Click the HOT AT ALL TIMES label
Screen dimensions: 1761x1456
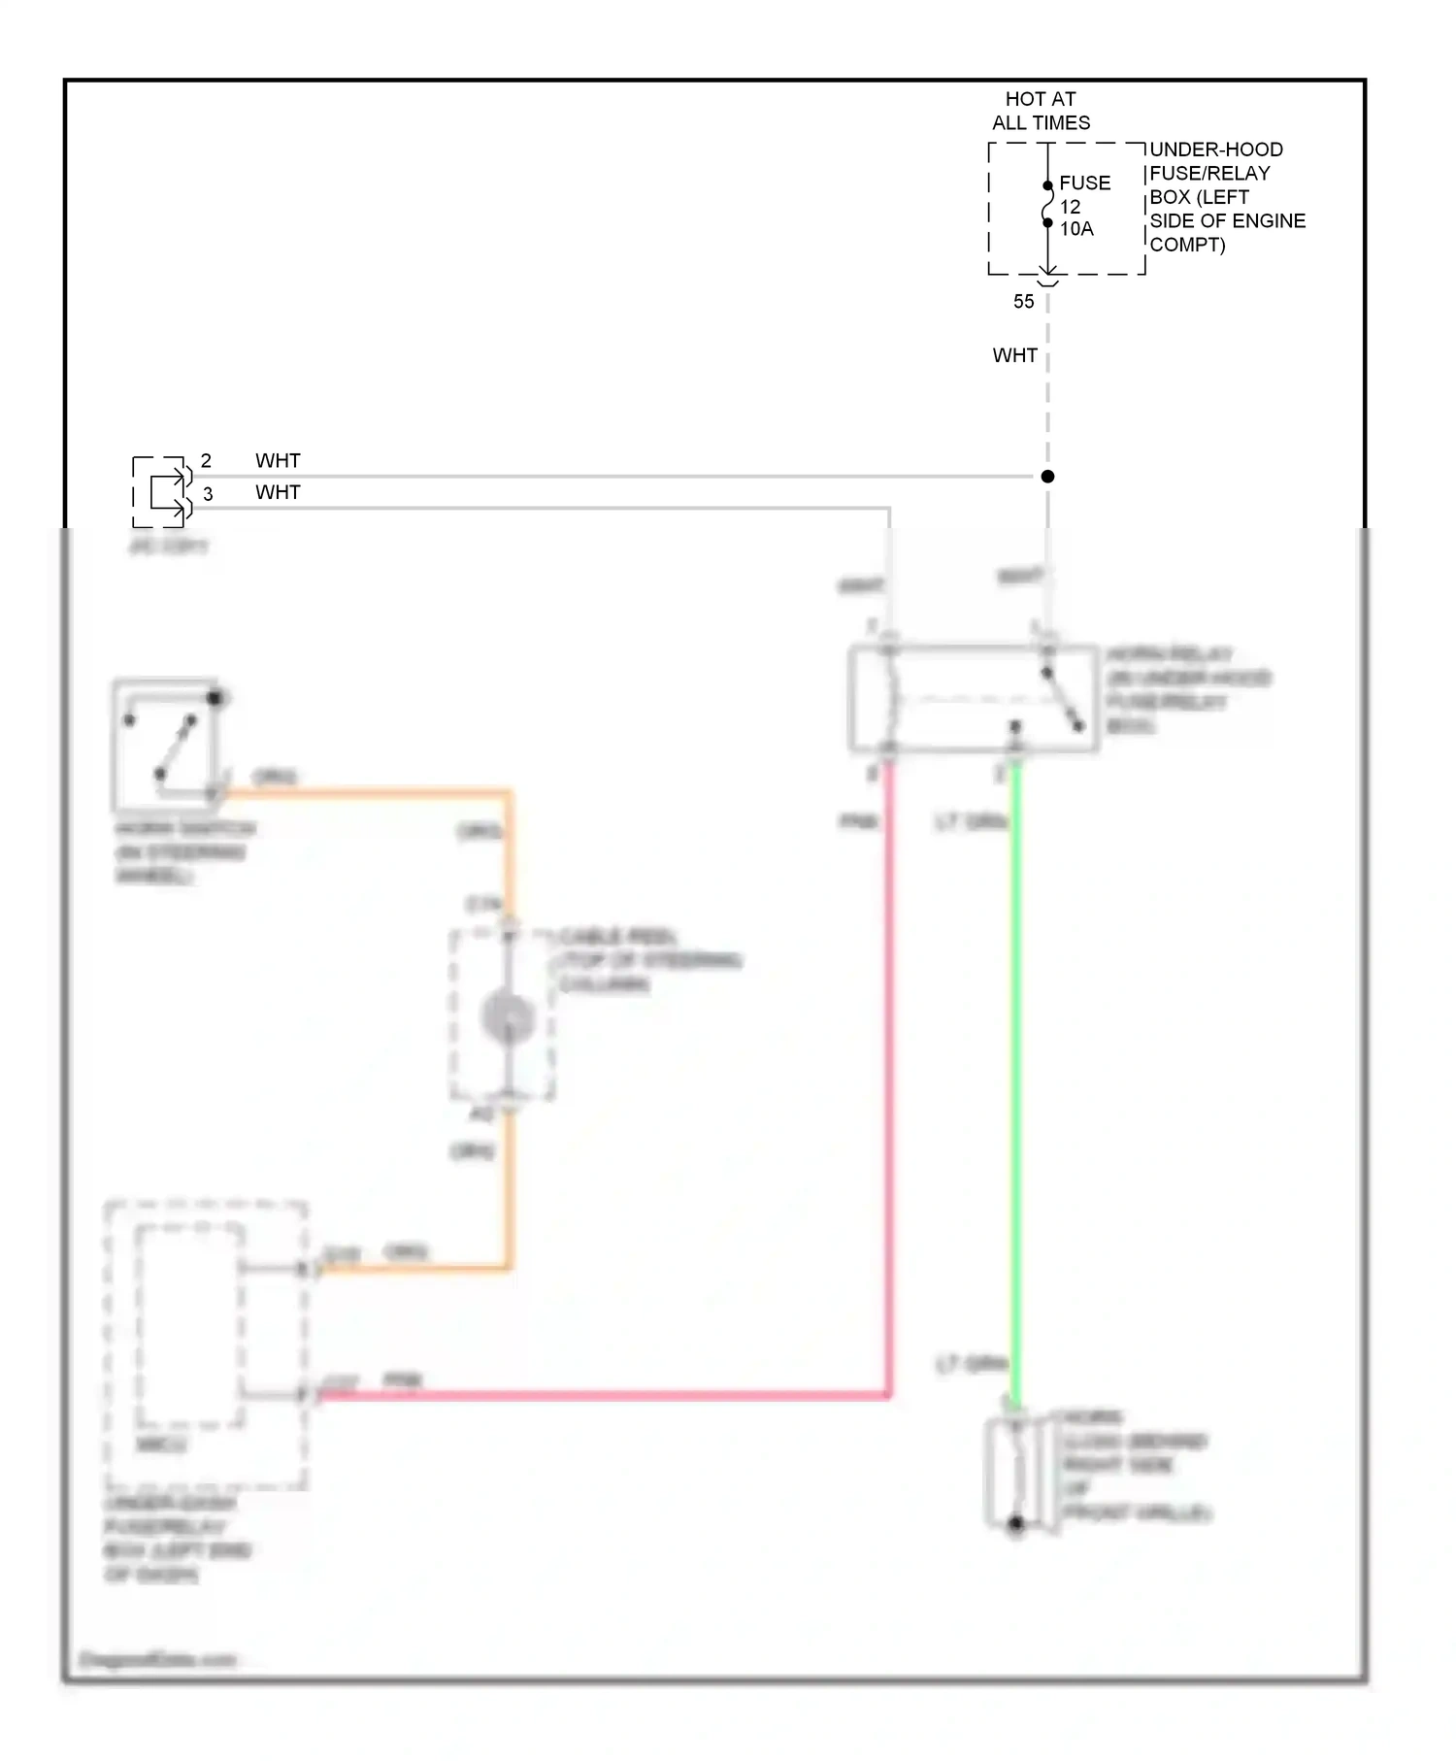(1041, 111)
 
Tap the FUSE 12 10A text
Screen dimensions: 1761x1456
(1083, 206)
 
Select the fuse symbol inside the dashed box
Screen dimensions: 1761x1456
(1047, 205)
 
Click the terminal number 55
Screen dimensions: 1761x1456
(1023, 302)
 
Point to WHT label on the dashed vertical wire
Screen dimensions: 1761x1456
(1014, 355)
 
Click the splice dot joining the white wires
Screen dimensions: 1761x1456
(1047, 477)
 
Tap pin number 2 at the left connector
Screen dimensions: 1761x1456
(206, 460)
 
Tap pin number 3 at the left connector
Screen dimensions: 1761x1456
(208, 494)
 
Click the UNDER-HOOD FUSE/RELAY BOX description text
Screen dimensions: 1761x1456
(1227, 197)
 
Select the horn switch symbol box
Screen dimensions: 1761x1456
(166, 746)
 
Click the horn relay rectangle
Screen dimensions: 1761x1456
(973, 698)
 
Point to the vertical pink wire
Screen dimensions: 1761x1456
(888, 1068)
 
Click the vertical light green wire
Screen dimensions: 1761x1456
(1015, 1068)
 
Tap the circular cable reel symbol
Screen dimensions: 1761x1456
(509, 1017)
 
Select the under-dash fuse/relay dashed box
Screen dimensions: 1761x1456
(206, 1345)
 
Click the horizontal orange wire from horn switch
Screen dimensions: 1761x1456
(369, 793)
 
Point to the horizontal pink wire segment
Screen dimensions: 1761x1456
(602, 1395)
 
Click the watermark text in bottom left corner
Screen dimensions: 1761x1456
(157, 1659)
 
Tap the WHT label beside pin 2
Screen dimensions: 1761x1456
(278, 460)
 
